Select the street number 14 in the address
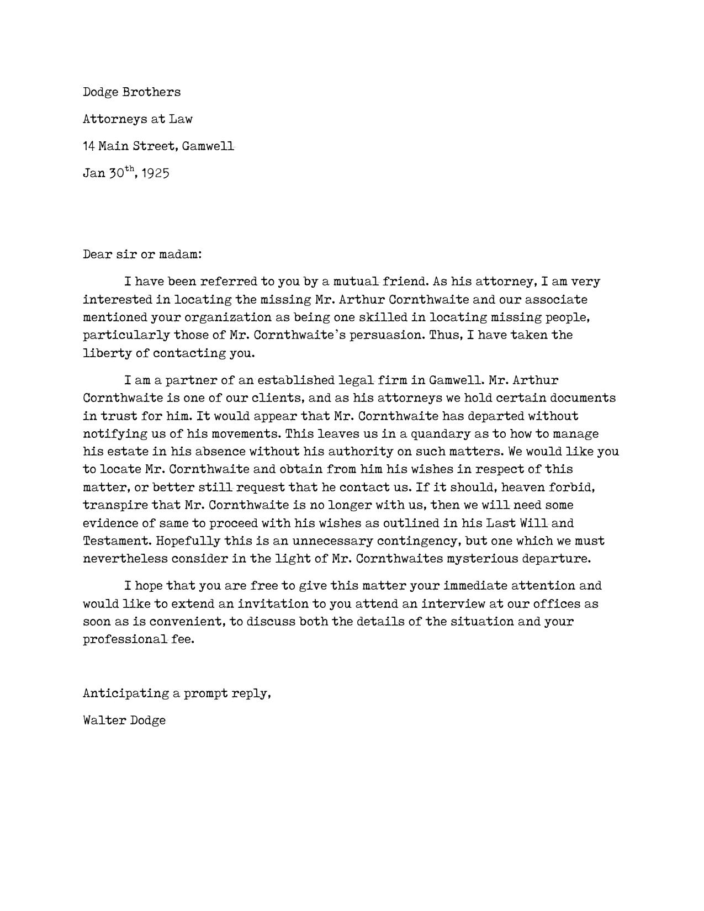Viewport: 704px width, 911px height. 88,146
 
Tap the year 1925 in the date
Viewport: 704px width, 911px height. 155,173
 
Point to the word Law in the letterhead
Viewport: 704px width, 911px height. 181,119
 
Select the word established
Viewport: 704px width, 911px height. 294,380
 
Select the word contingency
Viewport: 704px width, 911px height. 417,541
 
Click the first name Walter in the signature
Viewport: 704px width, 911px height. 104,720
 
